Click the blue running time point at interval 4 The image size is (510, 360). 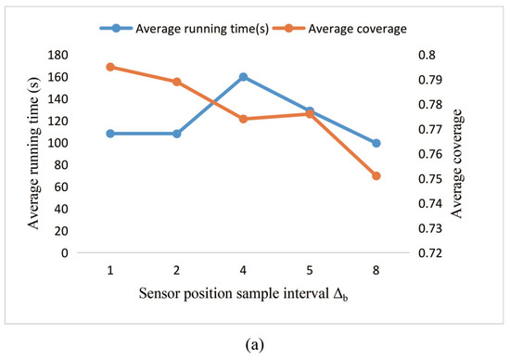[243, 77]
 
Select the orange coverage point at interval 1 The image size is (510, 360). [110, 67]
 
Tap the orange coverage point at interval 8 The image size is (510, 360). [376, 175]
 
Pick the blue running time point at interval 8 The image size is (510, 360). [376, 143]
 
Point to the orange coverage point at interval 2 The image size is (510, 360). [176, 82]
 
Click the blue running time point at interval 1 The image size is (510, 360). [110, 134]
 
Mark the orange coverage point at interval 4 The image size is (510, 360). [243, 119]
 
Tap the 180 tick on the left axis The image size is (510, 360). [59, 55]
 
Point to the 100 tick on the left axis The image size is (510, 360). [59, 143]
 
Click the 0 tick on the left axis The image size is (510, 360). [65, 252]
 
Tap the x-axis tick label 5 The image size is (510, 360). [309, 270]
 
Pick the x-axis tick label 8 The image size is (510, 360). [376, 270]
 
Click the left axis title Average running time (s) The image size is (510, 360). [33, 153]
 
